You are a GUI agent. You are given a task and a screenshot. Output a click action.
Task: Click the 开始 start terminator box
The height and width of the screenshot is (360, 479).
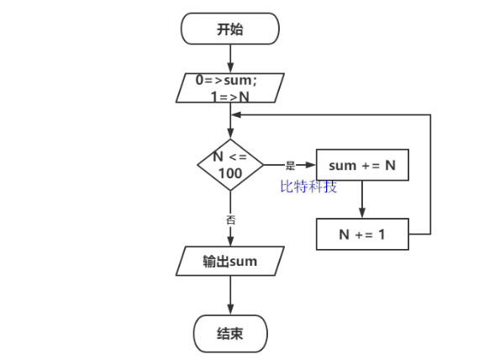229,29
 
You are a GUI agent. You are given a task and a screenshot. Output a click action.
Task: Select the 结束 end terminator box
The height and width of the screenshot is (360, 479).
229,333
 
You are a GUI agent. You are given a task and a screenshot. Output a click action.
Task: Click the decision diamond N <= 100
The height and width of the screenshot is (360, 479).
229,165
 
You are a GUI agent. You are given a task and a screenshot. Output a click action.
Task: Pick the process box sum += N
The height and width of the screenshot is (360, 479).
361,166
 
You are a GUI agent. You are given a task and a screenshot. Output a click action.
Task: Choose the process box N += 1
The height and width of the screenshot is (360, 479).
361,234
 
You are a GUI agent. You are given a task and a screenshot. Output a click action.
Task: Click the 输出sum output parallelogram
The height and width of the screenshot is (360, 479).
229,262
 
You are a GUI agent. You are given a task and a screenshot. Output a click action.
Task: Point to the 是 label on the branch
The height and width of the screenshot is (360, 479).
291,166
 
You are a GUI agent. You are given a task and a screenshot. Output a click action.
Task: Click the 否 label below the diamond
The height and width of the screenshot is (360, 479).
230,219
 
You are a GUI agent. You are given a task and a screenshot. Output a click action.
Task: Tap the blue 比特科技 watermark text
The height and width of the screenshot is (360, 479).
308,186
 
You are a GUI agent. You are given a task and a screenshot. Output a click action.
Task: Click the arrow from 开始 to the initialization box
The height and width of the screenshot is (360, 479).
229,59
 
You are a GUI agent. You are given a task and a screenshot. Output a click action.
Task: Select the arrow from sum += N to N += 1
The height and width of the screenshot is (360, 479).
361,199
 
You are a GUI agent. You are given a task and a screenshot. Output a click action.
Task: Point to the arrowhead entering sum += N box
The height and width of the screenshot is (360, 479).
311,166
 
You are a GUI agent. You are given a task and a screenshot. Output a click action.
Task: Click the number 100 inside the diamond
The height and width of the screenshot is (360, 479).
229,173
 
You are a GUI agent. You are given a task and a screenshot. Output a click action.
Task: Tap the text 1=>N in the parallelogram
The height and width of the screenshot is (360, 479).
229,97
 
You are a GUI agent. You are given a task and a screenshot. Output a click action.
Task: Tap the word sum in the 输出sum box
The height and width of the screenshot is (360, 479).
243,262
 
